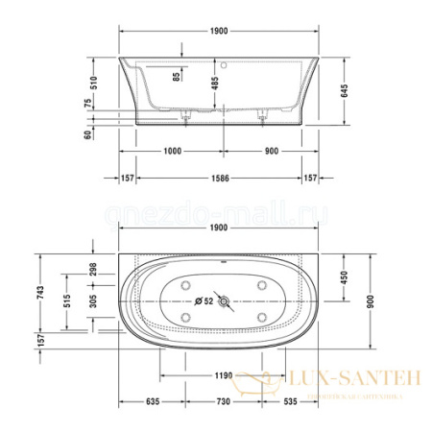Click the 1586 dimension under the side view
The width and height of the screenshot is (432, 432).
224,179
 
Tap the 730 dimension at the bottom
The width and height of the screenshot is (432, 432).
223,404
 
